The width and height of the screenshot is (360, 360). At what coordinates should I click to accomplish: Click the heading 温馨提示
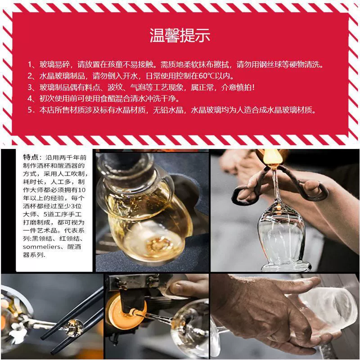pos(180,36)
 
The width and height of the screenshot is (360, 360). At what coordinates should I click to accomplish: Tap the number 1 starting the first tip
pos(30,64)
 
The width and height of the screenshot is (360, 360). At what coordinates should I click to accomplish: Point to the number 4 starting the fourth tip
pos(30,99)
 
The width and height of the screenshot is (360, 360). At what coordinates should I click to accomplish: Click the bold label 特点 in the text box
pos(30,157)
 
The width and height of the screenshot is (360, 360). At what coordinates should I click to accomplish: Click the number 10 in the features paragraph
pos(81,190)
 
